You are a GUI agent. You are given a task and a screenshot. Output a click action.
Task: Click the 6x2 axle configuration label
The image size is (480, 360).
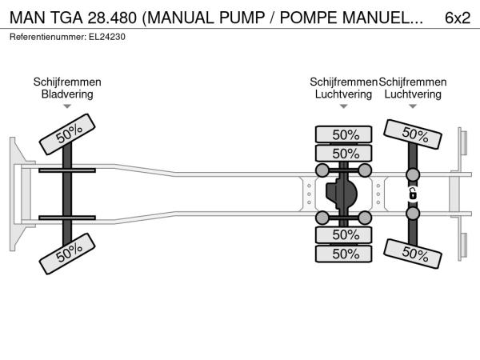click(x=458, y=18)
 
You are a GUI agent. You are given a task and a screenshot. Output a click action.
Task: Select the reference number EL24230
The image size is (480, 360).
click(x=107, y=37)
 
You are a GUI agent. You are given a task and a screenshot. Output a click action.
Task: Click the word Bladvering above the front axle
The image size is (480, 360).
click(x=67, y=94)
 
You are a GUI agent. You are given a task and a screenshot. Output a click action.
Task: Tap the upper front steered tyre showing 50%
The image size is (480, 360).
click(x=67, y=134)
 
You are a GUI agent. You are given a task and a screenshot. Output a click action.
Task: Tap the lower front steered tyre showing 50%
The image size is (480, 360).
click(x=67, y=254)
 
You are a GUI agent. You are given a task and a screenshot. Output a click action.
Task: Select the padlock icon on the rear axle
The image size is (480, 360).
click(x=413, y=194)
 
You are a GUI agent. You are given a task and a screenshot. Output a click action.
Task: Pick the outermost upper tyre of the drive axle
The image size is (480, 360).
click(x=344, y=134)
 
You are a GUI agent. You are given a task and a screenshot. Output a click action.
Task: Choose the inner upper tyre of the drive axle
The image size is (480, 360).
click(x=344, y=153)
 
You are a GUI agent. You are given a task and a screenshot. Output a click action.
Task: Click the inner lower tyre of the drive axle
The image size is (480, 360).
click(x=344, y=234)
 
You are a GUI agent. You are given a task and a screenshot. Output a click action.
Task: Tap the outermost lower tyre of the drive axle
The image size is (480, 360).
click(x=344, y=254)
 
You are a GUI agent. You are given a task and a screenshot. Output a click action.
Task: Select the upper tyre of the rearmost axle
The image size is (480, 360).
click(x=413, y=134)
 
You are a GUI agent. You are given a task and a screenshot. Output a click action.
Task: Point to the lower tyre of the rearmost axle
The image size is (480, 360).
click(x=413, y=254)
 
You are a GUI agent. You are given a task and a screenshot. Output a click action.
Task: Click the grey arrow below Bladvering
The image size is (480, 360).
click(x=67, y=106)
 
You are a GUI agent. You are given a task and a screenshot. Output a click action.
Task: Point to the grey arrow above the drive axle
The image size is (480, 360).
click(x=344, y=106)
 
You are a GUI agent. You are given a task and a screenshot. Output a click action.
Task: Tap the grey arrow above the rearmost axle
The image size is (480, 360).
click(x=413, y=106)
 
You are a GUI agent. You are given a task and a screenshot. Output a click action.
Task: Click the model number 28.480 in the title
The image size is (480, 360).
click(x=112, y=18)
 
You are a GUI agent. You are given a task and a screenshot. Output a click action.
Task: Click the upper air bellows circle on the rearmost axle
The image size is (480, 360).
click(x=413, y=174)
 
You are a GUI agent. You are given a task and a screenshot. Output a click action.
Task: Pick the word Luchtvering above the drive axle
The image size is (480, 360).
click(x=343, y=94)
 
